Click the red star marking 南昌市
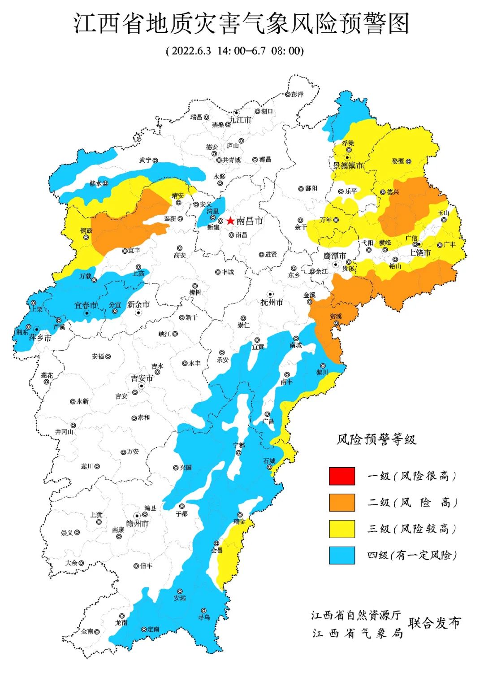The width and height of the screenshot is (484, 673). [x=230, y=221]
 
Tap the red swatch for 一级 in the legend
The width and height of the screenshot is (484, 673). [x=342, y=476]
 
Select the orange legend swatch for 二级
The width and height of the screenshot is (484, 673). [x=342, y=502]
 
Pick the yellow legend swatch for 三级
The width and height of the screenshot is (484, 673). [x=342, y=529]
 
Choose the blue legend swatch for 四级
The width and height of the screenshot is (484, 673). [x=342, y=555]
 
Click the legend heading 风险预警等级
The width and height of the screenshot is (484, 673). [x=376, y=439]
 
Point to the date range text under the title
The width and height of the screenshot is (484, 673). [x=235, y=50]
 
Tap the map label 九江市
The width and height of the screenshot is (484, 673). [x=240, y=120]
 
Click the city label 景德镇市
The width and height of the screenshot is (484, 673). [x=348, y=165]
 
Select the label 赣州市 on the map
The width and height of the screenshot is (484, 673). [x=137, y=524]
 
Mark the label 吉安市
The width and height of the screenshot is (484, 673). [x=142, y=378]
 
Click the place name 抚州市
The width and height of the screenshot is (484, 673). [x=272, y=303]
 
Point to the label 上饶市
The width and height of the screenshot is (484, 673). [x=420, y=253]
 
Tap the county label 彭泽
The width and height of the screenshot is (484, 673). [x=297, y=94]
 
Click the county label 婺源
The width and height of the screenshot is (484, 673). [x=398, y=161]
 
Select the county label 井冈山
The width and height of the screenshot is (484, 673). [x=64, y=432]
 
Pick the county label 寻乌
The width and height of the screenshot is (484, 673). [x=204, y=617]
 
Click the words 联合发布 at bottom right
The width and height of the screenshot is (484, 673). [x=434, y=623]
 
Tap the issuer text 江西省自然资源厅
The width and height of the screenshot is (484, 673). [x=356, y=615]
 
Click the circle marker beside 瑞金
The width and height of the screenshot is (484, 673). [x=240, y=515]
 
